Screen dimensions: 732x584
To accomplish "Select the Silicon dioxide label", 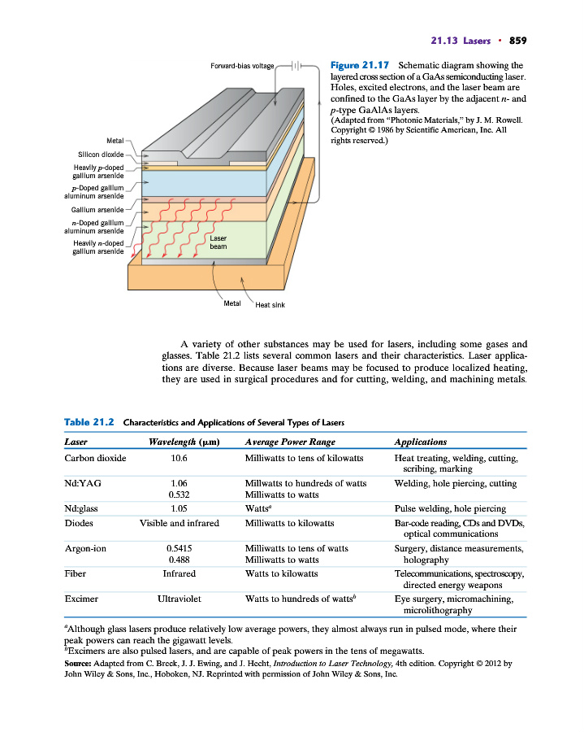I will tap(101, 153).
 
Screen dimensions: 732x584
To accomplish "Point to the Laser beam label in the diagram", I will tap(218, 242).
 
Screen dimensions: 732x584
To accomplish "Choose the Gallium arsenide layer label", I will tap(97, 210).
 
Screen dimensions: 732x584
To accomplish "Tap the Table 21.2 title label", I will tap(88, 422).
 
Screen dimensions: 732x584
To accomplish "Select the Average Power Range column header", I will tap(289, 442).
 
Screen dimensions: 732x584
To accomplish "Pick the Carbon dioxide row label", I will tap(95, 459).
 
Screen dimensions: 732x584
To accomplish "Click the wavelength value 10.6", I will tap(179, 459).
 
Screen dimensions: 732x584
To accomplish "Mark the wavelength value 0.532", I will tap(179, 495).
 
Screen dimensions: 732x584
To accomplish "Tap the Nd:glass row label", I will tap(81, 509).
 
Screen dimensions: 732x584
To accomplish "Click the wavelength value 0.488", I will tap(179, 560).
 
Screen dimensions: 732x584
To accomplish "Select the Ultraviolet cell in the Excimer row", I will tap(179, 599).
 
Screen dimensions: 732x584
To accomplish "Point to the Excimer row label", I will tap(81, 599).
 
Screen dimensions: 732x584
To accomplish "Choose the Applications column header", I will tap(420, 442).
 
